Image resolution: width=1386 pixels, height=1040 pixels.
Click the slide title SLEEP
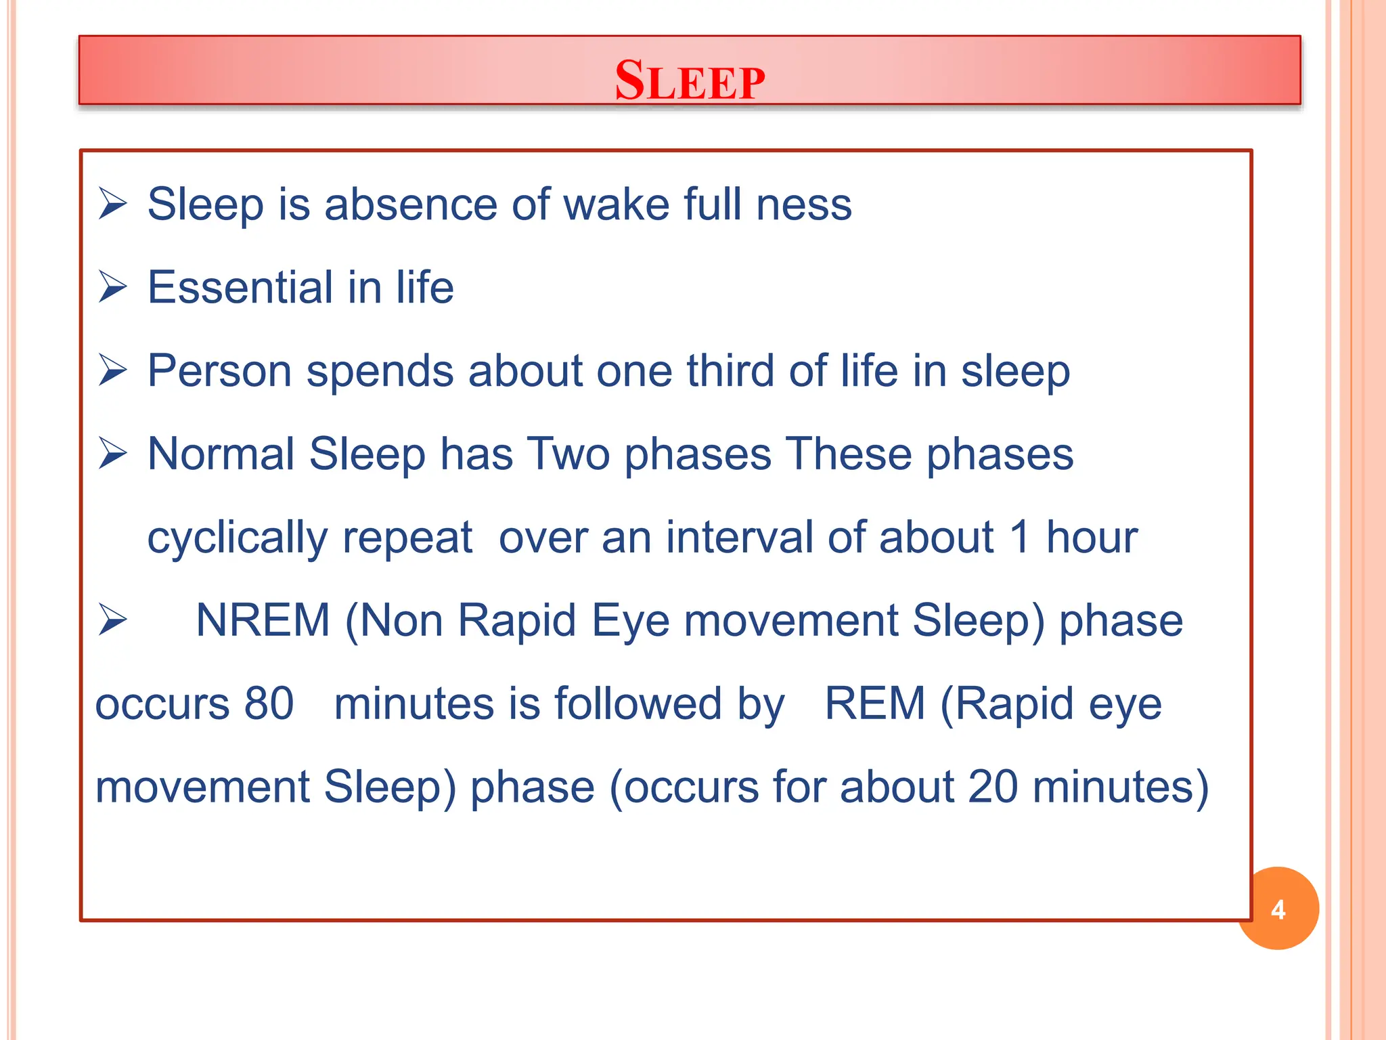(690, 81)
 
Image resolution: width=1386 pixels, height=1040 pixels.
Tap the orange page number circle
(1278, 909)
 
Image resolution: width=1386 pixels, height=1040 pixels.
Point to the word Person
(219, 371)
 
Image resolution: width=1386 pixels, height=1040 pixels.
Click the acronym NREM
(263, 620)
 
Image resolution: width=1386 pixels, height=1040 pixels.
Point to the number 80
(269, 703)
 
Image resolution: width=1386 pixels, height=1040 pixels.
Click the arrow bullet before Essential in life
(112, 287)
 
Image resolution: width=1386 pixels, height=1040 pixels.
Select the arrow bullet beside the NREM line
(112, 620)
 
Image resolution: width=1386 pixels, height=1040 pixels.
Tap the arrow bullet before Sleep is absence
(112, 204)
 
